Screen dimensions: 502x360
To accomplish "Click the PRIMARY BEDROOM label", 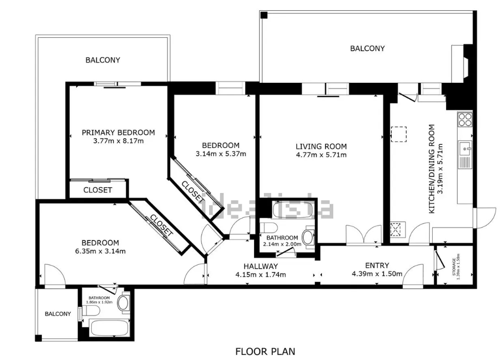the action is (x=118, y=132).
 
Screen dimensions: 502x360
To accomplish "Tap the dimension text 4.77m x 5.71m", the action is (x=321, y=155).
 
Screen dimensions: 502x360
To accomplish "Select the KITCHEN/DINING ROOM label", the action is (x=432, y=169).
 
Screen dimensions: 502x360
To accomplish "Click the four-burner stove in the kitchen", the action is (x=465, y=119).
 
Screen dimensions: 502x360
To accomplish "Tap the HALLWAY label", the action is (x=261, y=266).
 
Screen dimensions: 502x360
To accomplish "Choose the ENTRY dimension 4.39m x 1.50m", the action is (x=377, y=274).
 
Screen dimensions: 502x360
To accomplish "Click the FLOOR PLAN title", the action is (x=265, y=352).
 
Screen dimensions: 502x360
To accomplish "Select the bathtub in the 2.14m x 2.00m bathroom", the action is (x=293, y=209).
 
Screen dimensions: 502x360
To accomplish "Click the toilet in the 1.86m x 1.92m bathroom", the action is (x=91, y=310).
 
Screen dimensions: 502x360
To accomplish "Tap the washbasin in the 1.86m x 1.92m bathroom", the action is (x=123, y=302).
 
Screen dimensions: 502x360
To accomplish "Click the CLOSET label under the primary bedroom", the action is (x=98, y=190).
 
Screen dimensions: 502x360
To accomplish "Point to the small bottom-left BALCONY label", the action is (x=57, y=314).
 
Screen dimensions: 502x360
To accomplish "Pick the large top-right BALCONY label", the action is (x=367, y=49).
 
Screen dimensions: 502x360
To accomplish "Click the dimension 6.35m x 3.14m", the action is (x=100, y=251).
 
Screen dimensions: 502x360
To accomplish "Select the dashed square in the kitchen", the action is (x=398, y=134).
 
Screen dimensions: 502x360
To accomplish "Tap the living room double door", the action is (x=364, y=235).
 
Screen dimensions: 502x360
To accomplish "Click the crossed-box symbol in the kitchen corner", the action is (x=396, y=229).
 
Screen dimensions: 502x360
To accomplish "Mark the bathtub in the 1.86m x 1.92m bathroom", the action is (x=109, y=327).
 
